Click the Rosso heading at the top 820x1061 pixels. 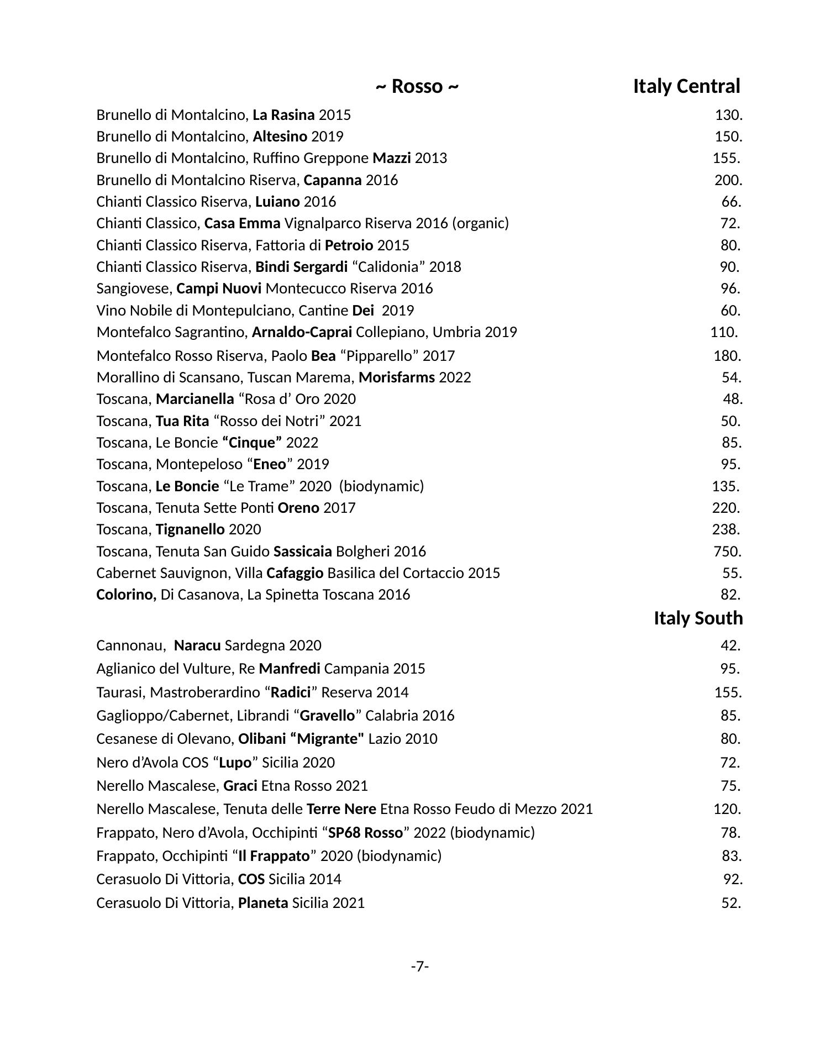click(x=417, y=87)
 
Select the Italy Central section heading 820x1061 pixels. click(x=686, y=87)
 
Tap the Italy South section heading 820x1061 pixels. click(x=698, y=618)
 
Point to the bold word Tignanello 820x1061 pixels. click(x=190, y=529)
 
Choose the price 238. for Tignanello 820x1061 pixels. click(x=726, y=529)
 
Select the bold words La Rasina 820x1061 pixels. click(x=283, y=115)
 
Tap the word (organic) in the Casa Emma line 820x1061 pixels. click(x=480, y=223)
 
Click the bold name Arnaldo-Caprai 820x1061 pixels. click(x=302, y=332)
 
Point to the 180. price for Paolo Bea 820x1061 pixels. click(x=727, y=356)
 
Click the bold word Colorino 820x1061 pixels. click(x=126, y=595)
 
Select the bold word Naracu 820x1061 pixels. click(x=197, y=645)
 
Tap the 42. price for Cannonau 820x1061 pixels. click(x=730, y=645)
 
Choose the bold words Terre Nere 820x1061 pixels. click(x=341, y=809)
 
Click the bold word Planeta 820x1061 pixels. click(x=263, y=903)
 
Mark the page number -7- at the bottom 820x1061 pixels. click(x=420, y=967)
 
